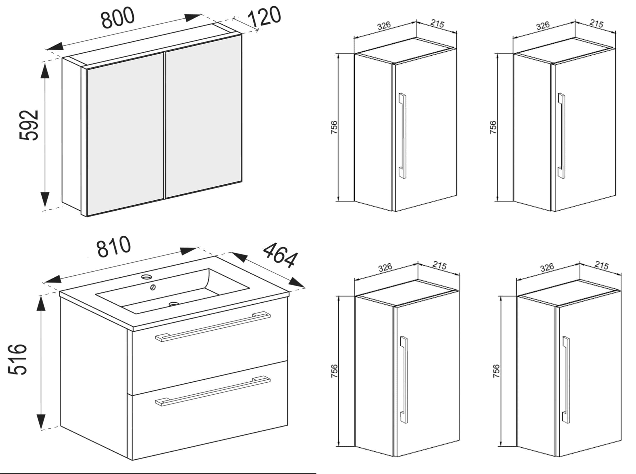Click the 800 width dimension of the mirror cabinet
pyautogui.click(x=118, y=18)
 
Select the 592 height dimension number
pyautogui.click(x=29, y=125)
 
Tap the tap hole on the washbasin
pyautogui.click(x=147, y=277)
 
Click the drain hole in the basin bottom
pyautogui.click(x=173, y=304)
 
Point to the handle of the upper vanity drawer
pyautogui.click(x=213, y=327)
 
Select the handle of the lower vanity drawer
pyautogui.click(x=213, y=391)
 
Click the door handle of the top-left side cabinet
pyautogui.click(x=402, y=136)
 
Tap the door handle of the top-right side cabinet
pyautogui.click(x=562, y=136)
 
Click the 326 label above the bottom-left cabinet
pyautogui.click(x=385, y=267)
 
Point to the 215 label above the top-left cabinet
pyautogui.click(x=437, y=24)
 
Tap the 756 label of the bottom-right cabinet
pyautogui.click(x=496, y=371)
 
